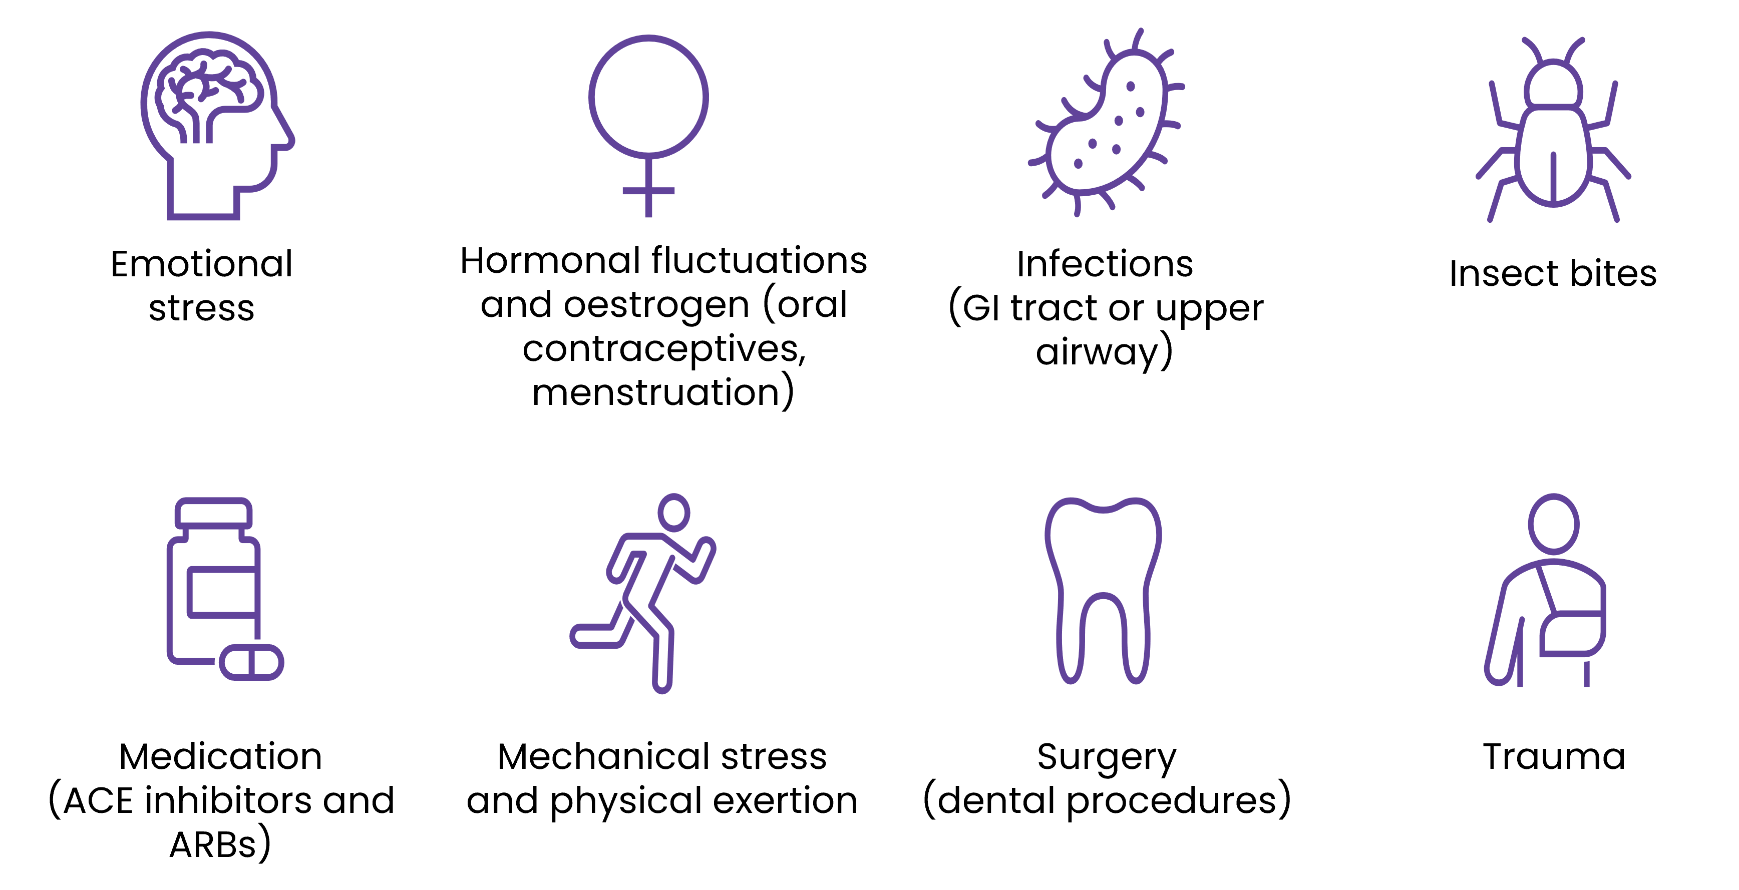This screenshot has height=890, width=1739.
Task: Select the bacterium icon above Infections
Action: pos(1107,125)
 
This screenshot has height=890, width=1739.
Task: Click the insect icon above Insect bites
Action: pos(1553,135)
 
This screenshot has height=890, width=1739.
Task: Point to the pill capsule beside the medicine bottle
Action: pos(251,663)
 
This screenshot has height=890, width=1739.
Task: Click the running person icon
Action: pos(645,594)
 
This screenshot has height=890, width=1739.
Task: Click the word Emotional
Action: pos(201,264)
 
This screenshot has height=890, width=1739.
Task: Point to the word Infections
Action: pos(1105,264)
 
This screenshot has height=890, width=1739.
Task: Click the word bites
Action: pos(1613,274)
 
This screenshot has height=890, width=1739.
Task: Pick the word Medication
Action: pos(220,756)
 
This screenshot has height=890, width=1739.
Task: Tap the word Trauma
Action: pos(1553,756)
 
